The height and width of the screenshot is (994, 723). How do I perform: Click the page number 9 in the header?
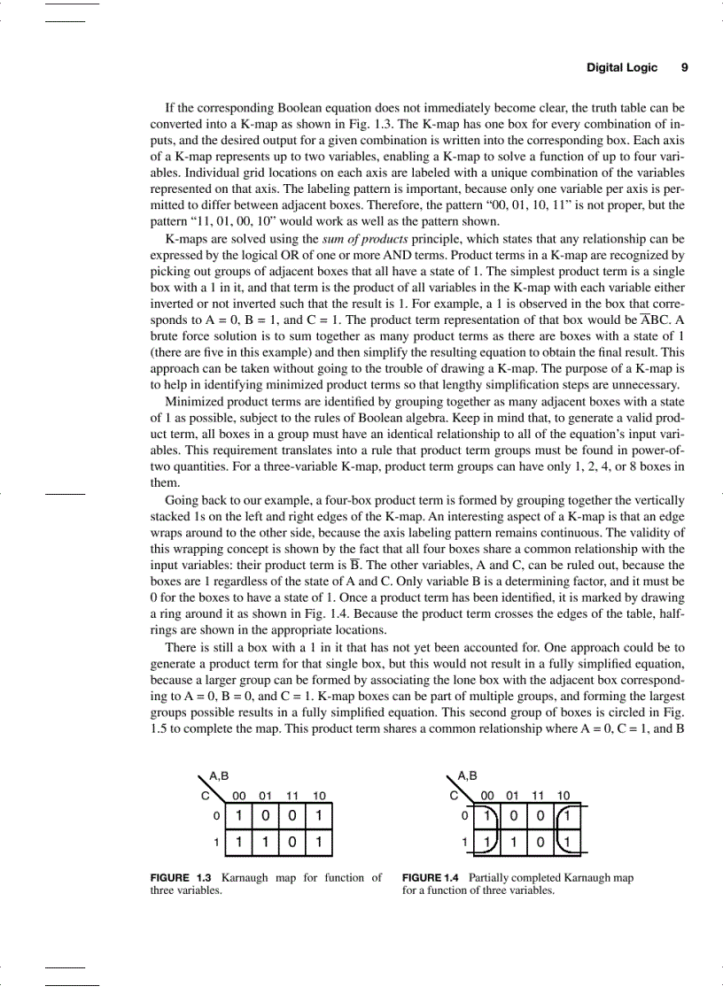coord(683,67)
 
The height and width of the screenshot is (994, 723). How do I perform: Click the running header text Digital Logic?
coord(622,67)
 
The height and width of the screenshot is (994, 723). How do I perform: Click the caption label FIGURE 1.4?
coord(431,878)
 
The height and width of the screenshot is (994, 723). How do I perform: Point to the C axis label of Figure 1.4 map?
coord(454,795)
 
